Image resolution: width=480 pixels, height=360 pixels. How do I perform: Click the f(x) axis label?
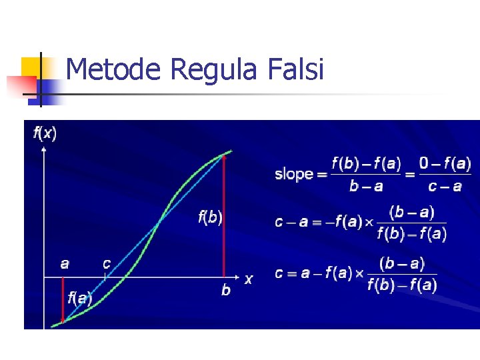45,133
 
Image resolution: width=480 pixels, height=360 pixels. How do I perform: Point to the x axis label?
249,279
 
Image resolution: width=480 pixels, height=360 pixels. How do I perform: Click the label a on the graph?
64,263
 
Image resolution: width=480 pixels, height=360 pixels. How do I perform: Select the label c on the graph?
106,263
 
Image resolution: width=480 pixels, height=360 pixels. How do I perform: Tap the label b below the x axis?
226,290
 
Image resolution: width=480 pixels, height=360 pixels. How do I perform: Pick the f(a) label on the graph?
80,298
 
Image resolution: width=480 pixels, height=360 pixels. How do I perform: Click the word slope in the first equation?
294,174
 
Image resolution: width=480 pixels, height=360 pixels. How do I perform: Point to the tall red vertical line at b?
225,213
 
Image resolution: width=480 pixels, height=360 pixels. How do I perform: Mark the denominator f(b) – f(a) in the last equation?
402,286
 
